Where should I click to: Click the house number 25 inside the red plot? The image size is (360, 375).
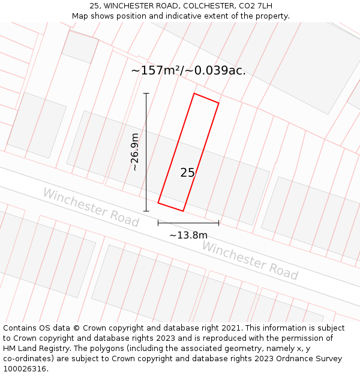tap(187, 173)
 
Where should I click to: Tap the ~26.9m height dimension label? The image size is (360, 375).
tap(135, 152)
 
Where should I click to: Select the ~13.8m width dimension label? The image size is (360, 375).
tap(188, 235)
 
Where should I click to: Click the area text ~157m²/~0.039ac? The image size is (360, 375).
tap(188, 71)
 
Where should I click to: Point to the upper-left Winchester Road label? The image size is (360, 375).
tap(91, 207)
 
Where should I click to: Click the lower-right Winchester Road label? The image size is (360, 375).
tap(250, 260)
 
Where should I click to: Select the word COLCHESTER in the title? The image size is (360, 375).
tap(202, 6)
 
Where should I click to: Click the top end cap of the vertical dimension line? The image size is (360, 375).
tap(146, 94)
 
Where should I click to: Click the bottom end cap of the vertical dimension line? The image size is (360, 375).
tap(146, 211)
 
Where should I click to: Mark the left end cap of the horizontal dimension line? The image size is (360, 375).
tap(158, 223)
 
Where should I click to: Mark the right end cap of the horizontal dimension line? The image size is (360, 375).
tap(218, 223)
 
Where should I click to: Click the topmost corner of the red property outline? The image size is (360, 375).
tap(194, 94)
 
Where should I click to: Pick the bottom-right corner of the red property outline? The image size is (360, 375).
tap(183, 211)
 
